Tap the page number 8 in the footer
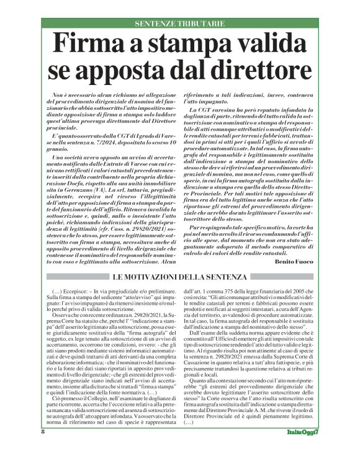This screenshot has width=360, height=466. pyautogui.click(x=43, y=449)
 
